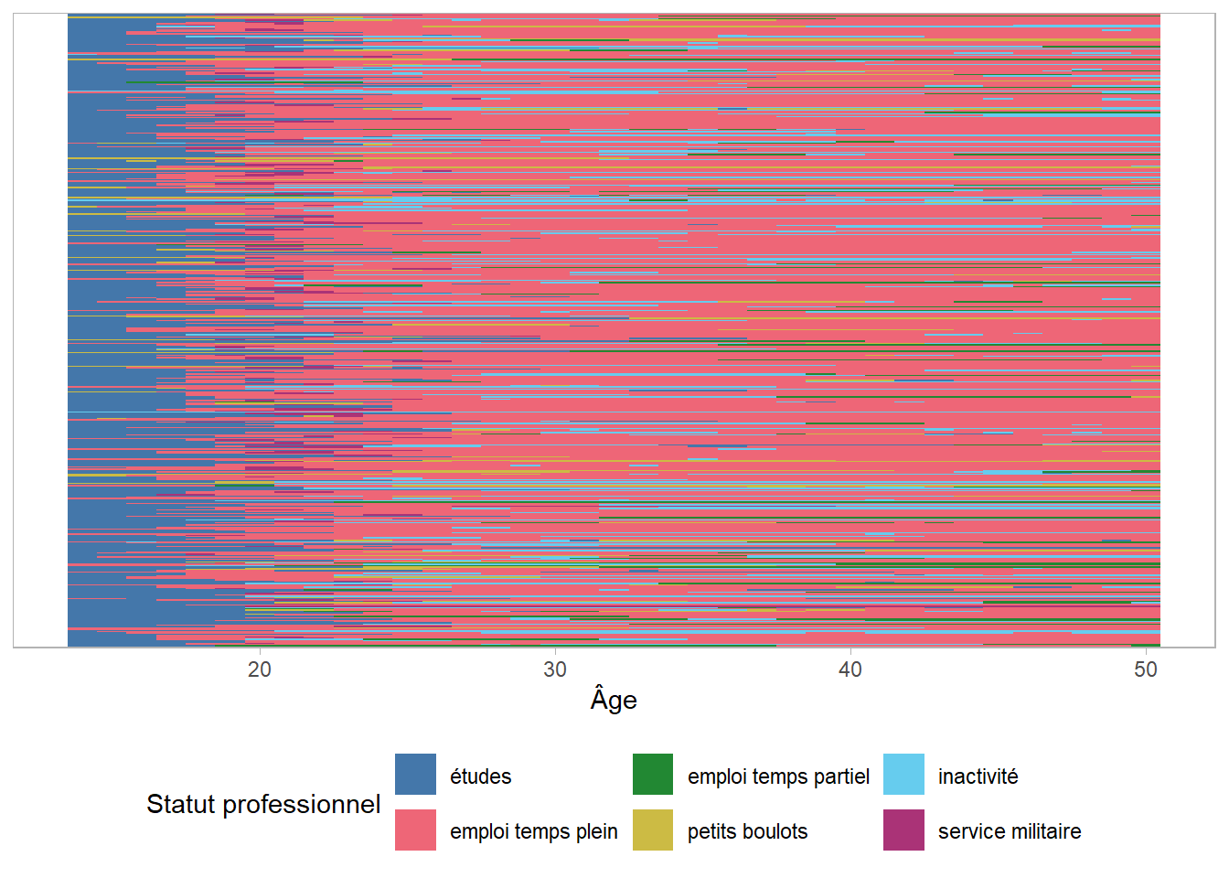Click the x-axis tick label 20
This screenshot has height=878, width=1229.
[260, 669]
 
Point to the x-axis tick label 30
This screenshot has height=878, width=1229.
[555, 669]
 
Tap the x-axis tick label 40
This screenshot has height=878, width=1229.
[850, 669]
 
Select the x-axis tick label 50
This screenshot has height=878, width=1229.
[1146, 669]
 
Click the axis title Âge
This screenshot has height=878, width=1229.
[614, 700]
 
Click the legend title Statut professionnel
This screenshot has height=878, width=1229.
[263, 804]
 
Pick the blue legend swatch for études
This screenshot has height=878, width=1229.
[415, 775]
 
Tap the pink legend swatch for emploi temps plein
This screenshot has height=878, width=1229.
[415, 830]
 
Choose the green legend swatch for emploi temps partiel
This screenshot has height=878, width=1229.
[653, 775]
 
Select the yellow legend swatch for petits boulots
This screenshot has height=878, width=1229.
[653, 830]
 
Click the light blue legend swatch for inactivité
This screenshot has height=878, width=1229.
[903, 775]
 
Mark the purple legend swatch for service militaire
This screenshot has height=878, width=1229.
[903, 830]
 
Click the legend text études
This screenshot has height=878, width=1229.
[480, 776]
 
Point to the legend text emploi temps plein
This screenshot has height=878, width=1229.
[534, 831]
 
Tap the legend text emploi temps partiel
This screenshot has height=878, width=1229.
[778, 776]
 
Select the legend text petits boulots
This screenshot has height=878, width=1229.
[747, 831]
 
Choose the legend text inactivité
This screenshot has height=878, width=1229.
[978, 776]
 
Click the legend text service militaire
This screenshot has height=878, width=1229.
[1010, 831]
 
